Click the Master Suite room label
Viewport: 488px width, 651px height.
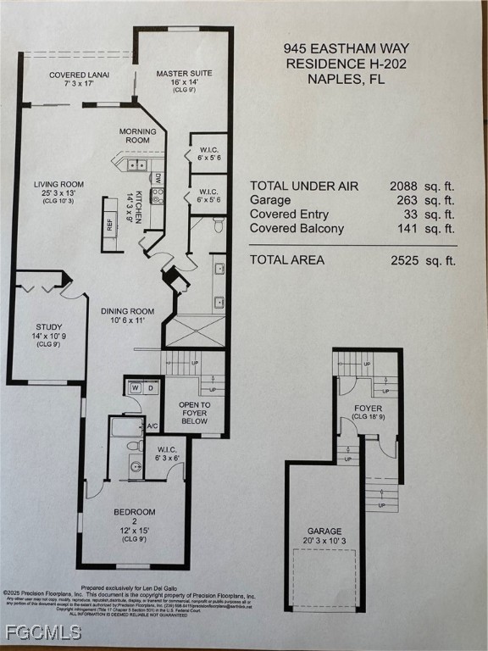point(184,74)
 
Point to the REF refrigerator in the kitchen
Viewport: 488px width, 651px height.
point(109,225)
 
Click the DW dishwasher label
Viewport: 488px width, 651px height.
point(158,178)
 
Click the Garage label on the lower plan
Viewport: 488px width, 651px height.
point(324,531)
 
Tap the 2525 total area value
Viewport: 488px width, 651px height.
point(404,260)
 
